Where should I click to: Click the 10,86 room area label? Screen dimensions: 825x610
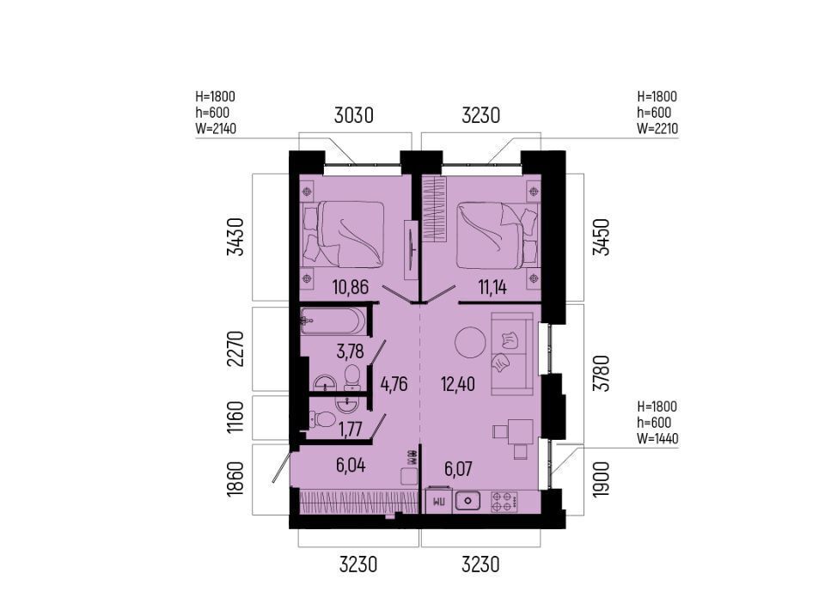351,287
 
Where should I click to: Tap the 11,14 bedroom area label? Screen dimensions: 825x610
492,287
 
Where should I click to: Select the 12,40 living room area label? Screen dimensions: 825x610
458,384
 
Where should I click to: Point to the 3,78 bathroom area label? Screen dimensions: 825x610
350,351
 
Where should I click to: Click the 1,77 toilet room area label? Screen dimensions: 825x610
350,430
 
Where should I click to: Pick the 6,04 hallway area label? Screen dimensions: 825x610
351,466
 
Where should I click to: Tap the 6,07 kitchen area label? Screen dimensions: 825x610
458,469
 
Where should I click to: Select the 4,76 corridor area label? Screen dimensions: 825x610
394,384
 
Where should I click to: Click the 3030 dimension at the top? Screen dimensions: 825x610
354,115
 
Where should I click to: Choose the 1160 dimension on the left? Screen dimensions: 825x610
235,418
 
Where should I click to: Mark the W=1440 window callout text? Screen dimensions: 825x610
657,438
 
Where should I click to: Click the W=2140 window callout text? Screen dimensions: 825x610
216,128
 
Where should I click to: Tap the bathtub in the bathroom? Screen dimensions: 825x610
333,320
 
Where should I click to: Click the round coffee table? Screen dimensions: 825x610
469,342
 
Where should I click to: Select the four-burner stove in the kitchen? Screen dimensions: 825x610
504,502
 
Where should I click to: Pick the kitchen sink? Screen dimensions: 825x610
467,501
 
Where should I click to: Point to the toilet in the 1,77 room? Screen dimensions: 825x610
323,419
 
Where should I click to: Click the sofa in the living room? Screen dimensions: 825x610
512,353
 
